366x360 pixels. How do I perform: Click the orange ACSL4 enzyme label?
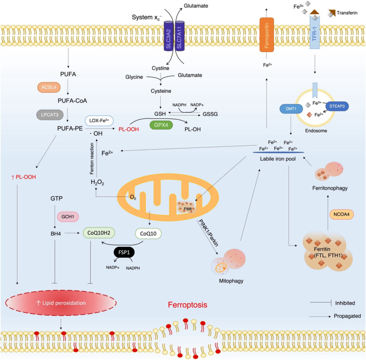(x=49, y=87)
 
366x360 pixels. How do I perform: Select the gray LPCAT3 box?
(x=50, y=115)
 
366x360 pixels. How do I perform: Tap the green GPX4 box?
(x=161, y=125)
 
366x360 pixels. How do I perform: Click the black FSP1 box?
(x=124, y=252)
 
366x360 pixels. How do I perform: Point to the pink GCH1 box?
(x=67, y=216)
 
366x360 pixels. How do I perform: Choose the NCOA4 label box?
(x=342, y=214)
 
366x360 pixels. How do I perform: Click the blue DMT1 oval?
(x=291, y=109)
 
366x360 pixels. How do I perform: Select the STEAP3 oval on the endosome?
(x=337, y=106)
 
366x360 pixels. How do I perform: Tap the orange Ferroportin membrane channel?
(x=266, y=34)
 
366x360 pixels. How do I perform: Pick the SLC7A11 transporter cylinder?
(x=180, y=36)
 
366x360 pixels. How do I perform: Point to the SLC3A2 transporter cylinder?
(x=168, y=36)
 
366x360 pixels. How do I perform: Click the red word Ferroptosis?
(x=188, y=305)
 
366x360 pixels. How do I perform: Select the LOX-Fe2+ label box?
(x=99, y=121)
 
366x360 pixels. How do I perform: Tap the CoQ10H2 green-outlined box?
(x=99, y=233)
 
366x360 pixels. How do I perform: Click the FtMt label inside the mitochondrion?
(x=188, y=209)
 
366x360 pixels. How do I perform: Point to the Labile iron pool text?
(x=278, y=159)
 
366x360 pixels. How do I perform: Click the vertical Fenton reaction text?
(x=92, y=159)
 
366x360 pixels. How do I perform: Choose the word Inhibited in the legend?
(x=345, y=303)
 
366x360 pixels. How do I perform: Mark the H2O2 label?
(x=98, y=182)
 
